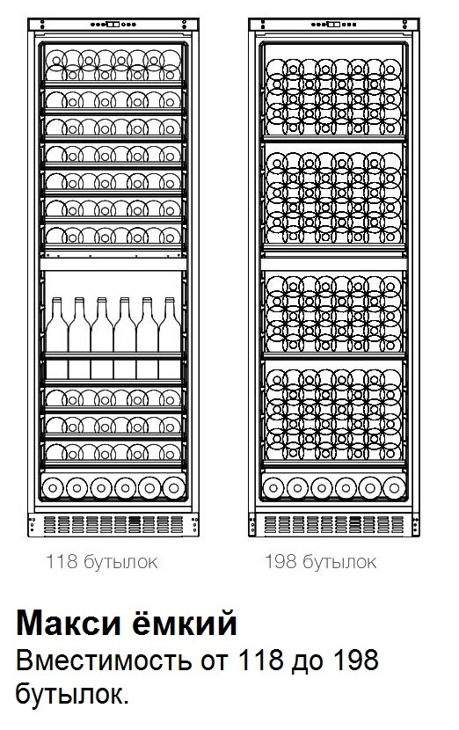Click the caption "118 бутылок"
[x=101, y=561]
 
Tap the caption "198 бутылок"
[x=320, y=561]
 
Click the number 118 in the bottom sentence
[x=260, y=661]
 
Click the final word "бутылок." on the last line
[x=72, y=694]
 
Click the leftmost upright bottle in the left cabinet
[x=57, y=338]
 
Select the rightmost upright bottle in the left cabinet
[x=170, y=338]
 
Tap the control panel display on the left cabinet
[x=113, y=25]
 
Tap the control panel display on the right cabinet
[x=333, y=25]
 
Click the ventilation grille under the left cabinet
[x=113, y=525]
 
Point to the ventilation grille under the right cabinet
[x=334, y=525]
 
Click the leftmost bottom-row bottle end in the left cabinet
[x=53, y=488]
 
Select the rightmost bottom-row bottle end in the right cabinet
[x=394, y=488]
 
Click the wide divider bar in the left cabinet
[x=113, y=265]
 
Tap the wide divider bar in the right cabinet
[x=333, y=265]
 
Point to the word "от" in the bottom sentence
[x=215, y=661]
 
